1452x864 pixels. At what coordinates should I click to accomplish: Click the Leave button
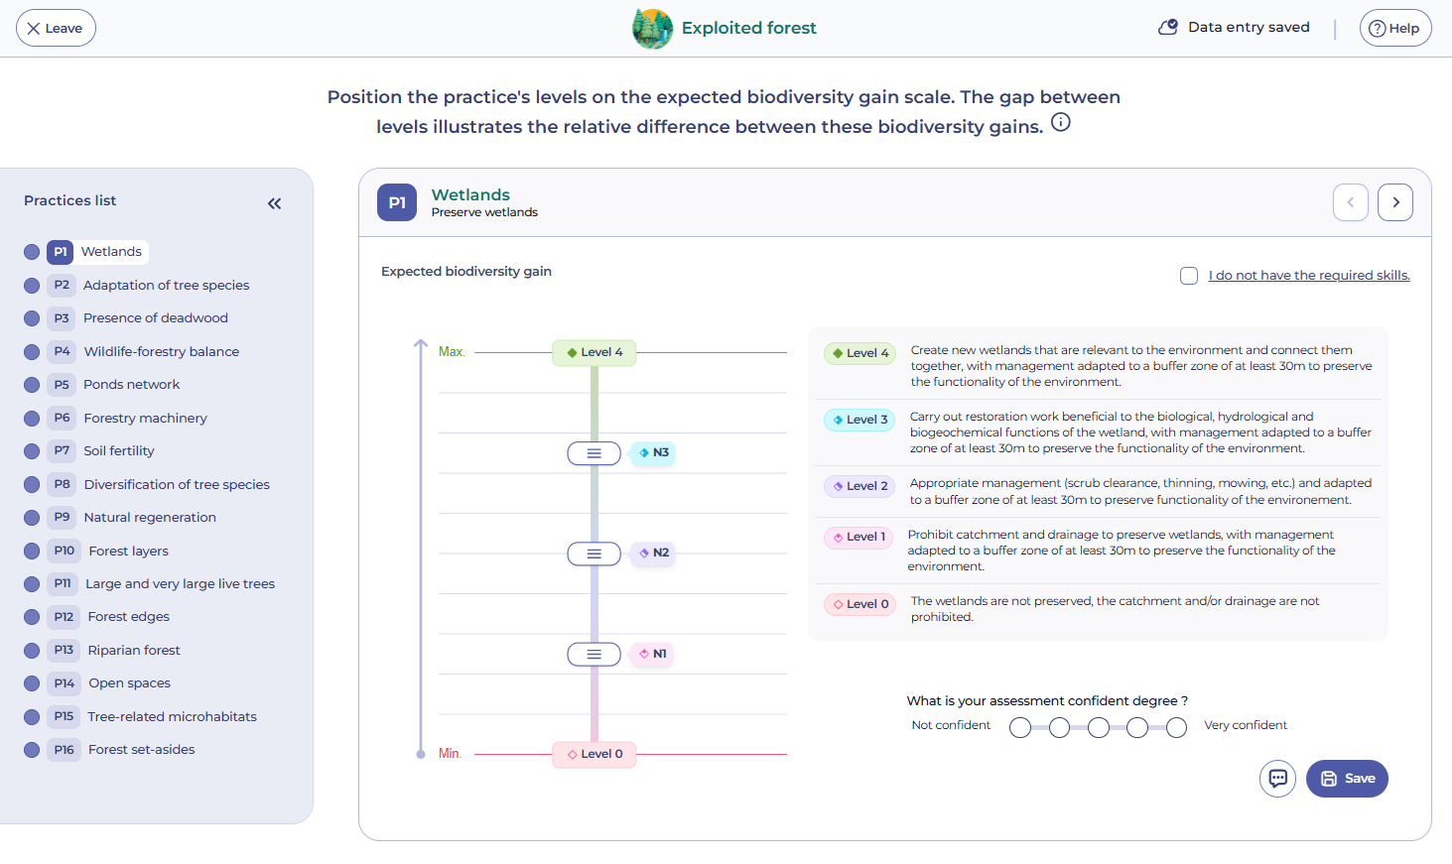[x=56, y=28]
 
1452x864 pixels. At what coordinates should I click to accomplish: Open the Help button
[x=1395, y=28]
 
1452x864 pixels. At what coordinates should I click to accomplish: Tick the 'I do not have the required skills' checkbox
[x=1189, y=276]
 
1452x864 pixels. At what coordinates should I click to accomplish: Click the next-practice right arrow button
[x=1395, y=202]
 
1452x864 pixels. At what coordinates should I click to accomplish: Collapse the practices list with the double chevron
[x=274, y=204]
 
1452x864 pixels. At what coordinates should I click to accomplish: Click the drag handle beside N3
[x=594, y=453]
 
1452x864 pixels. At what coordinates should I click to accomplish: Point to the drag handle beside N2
[x=594, y=554]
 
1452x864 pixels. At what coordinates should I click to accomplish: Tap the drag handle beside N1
[x=594, y=654]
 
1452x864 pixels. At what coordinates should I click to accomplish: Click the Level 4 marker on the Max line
[x=594, y=353]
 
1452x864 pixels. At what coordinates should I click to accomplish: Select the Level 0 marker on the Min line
[x=594, y=755]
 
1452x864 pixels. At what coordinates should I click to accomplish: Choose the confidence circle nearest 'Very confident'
[x=1176, y=727]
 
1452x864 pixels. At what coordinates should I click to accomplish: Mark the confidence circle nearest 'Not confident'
[x=1020, y=727]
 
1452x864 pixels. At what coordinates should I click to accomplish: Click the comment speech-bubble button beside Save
[x=1277, y=779]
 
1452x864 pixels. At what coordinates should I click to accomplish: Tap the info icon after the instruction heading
[x=1061, y=122]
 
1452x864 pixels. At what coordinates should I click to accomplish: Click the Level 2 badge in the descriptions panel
[x=859, y=486]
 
